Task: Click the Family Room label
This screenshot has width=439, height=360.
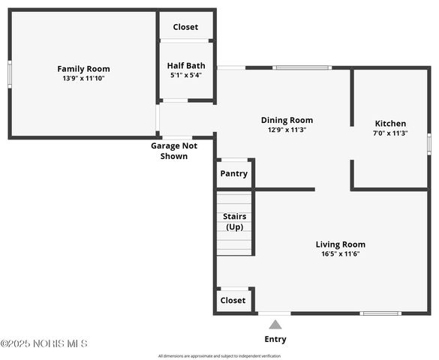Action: pos(83,69)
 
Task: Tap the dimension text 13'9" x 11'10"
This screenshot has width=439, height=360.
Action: pos(83,78)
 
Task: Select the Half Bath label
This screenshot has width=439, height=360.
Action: pos(185,65)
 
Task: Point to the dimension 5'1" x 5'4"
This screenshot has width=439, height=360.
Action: pos(185,74)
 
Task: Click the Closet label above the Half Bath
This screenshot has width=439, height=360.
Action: pos(185,27)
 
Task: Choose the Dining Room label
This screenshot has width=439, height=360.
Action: pos(287,120)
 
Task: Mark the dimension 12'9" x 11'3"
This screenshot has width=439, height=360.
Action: pos(287,130)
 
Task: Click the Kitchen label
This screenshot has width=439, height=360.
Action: pos(390,124)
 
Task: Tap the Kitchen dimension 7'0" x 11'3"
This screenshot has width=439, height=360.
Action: pos(390,133)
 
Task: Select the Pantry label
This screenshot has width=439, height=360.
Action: pos(233,174)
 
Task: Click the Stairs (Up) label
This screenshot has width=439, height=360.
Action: pos(234,221)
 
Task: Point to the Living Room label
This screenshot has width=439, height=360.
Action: pos(340,244)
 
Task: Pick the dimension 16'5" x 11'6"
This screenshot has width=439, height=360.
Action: pos(340,253)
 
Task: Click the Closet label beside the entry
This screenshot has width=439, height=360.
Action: pos(233,300)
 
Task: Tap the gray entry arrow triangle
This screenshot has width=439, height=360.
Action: pos(275,325)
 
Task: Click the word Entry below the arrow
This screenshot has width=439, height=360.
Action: pos(275,339)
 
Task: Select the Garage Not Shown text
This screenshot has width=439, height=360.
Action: pos(174,151)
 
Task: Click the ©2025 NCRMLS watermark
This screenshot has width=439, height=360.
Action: pos(44,343)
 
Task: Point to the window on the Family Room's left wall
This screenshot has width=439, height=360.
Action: pos(9,73)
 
